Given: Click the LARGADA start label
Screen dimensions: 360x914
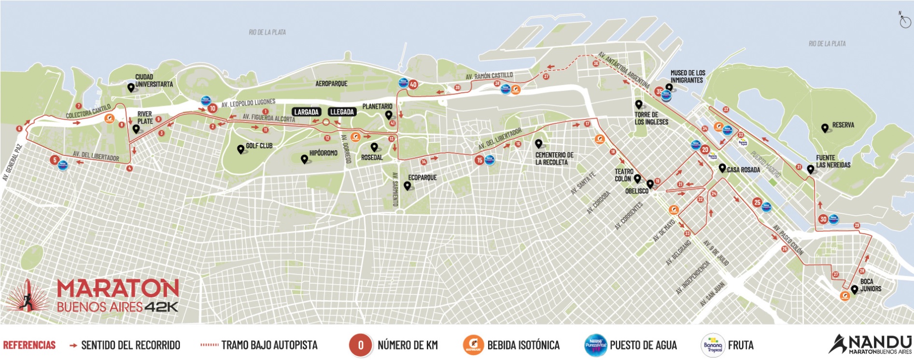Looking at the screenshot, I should coord(307,112).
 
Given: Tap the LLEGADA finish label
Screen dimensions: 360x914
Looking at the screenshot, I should coord(342,112).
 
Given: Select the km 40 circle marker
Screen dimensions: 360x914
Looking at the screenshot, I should coord(413,84).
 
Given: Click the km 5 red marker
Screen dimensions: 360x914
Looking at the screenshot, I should coord(55,160).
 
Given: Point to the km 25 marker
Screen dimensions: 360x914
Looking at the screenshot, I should coord(757,203).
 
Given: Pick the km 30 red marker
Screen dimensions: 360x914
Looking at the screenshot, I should coord(823,219).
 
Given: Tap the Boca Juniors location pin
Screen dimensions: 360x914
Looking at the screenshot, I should coord(855,289).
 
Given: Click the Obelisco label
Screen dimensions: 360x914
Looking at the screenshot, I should coord(636,191).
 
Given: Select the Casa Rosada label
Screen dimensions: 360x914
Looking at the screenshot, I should coord(744,170).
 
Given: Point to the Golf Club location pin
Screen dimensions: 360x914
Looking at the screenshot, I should coord(240,149).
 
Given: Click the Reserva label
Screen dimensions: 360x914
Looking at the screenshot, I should coord(843,125).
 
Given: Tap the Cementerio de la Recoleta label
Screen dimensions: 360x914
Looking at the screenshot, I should coord(554,158).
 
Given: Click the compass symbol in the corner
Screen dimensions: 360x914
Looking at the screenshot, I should coord(905,21).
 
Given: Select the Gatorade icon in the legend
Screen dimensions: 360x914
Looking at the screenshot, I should coord(473,345).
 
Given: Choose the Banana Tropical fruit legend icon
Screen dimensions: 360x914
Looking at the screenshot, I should coord(713,345).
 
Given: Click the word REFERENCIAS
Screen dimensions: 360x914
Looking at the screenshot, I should coord(29,345).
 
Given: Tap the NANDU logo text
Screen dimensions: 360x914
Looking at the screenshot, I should coord(879,342).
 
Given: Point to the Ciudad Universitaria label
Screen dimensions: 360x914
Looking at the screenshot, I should coord(154,81).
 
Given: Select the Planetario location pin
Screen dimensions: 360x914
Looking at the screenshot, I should coord(388,115).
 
